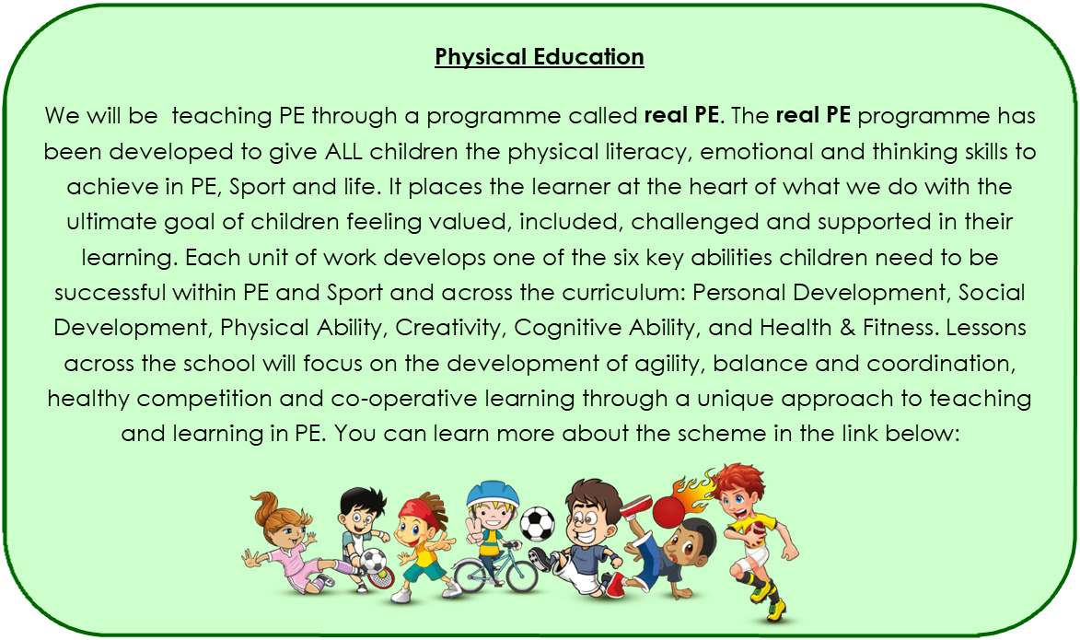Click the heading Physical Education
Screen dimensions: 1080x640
pyautogui.click(x=540, y=57)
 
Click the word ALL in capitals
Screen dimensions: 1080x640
pyautogui.click(x=343, y=151)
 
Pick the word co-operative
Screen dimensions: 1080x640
pyautogui.click(x=403, y=399)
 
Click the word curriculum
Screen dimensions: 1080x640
pyautogui.click(x=623, y=292)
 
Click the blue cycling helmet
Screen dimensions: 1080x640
pyautogui.click(x=492, y=494)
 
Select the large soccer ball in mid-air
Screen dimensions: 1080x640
pyautogui.click(x=537, y=524)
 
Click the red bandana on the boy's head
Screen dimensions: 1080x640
pyautogui.click(x=417, y=510)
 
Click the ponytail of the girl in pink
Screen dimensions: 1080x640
pyautogui.click(x=267, y=505)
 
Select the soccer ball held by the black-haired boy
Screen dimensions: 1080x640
pyautogui.click(x=373, y=560)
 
